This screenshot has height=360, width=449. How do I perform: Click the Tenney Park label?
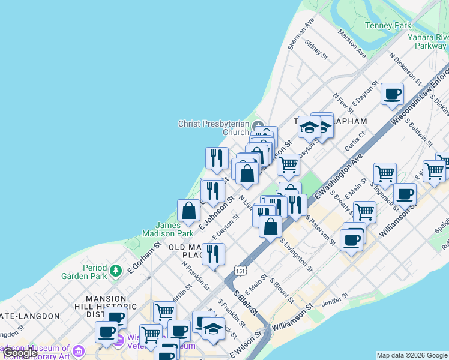pyautogui.click(x=388, y=25)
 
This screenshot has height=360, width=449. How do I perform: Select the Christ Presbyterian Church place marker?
pyautogui.click(x=259, y=125)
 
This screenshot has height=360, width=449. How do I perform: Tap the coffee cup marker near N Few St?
pyautogui.click(x=392, y=94)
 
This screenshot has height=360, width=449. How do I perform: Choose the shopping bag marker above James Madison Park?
pyautogui.click(x=189, y=211)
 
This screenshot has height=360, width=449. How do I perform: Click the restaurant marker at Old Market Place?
pyautogui.click(x=213, y=254)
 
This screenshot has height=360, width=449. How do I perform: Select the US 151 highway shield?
pyautogui.click(x=240, y=271)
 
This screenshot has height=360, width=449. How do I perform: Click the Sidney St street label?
pyautogui.click(x=316, y=50)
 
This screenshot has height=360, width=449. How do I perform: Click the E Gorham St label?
pyautogui.click(x=145, y=257)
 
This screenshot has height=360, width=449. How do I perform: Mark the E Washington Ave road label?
pyautogui.click(x=340, y=176)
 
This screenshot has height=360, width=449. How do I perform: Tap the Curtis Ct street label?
pyautogui.click(x=355, y=142)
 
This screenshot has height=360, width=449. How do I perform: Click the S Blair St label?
pyautogui.click(x=245, y=305)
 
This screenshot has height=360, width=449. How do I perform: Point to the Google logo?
pyautogui.click(x=19, y=353)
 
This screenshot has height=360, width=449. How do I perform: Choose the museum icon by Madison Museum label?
pyautogui.click(x=78, y=350)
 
